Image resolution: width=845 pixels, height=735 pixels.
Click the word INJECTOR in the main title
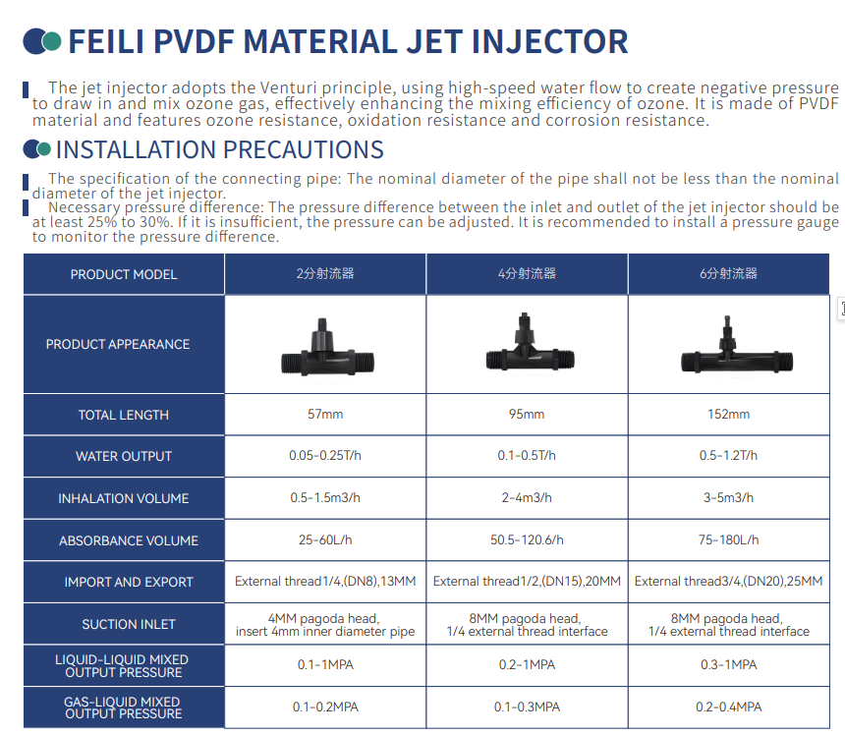(549, 41)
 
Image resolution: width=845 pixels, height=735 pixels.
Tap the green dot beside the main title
(52, 41)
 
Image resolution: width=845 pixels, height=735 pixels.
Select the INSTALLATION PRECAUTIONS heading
(220, 149)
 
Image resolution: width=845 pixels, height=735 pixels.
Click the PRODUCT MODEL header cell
(124, 274)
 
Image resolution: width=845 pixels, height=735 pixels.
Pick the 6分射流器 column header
(729, 274)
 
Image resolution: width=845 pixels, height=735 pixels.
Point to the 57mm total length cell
(325, 414)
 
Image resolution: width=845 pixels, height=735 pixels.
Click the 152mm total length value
(729, 414)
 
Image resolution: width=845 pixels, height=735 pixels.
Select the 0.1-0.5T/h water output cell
(527, 455)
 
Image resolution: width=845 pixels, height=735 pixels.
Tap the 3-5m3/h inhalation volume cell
(729, 497)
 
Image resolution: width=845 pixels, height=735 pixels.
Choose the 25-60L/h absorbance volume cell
(325, 539)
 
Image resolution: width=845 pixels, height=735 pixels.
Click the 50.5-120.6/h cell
(527, 539)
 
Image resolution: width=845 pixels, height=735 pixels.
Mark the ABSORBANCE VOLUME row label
(129, 540)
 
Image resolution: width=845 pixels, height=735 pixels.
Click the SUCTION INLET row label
(129, 624)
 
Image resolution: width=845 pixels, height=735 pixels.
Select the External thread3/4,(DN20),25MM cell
(729, 582)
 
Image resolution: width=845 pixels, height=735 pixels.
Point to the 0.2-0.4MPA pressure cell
(729, 707)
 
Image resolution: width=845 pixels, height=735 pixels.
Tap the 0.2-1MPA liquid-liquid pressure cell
(527, 665)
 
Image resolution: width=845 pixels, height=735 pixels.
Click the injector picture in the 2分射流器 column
(327, 348)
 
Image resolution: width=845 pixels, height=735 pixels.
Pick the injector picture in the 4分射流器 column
(531, 343)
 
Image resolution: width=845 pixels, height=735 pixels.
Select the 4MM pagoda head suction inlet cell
(325, 624)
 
